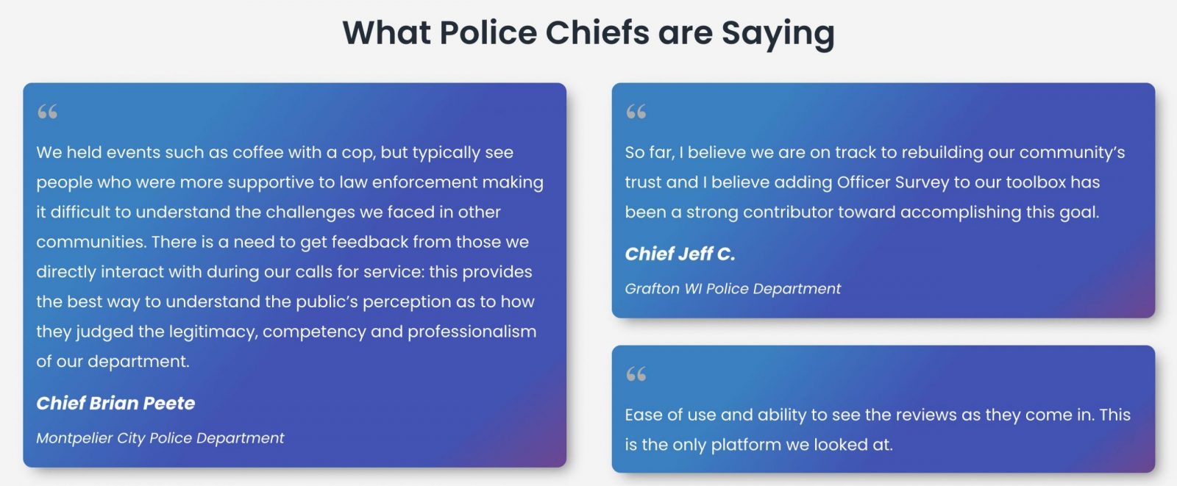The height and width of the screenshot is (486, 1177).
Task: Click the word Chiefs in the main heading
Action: pyautogui.click(x=597, y=32)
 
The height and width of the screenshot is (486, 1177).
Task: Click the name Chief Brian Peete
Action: pyautogui.click(x=115, y=403)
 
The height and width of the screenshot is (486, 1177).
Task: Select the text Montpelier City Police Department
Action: pyautogui.click(x=160, y=438)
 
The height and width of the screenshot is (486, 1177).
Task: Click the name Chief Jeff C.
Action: pyautogui.click(x=680, y=254)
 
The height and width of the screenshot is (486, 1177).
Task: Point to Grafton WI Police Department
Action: pyautogui.click(x=733, y=288)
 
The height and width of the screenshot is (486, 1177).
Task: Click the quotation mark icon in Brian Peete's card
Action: pyautogui.click(x=47, y=111)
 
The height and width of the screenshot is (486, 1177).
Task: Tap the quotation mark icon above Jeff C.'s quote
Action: pyautogui.click(x=636, y=111)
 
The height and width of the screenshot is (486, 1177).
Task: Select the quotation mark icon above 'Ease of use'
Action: pyautogui.click(x=636, y=374)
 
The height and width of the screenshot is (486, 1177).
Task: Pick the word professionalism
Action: pyautogui.click(x=472, y=332)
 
